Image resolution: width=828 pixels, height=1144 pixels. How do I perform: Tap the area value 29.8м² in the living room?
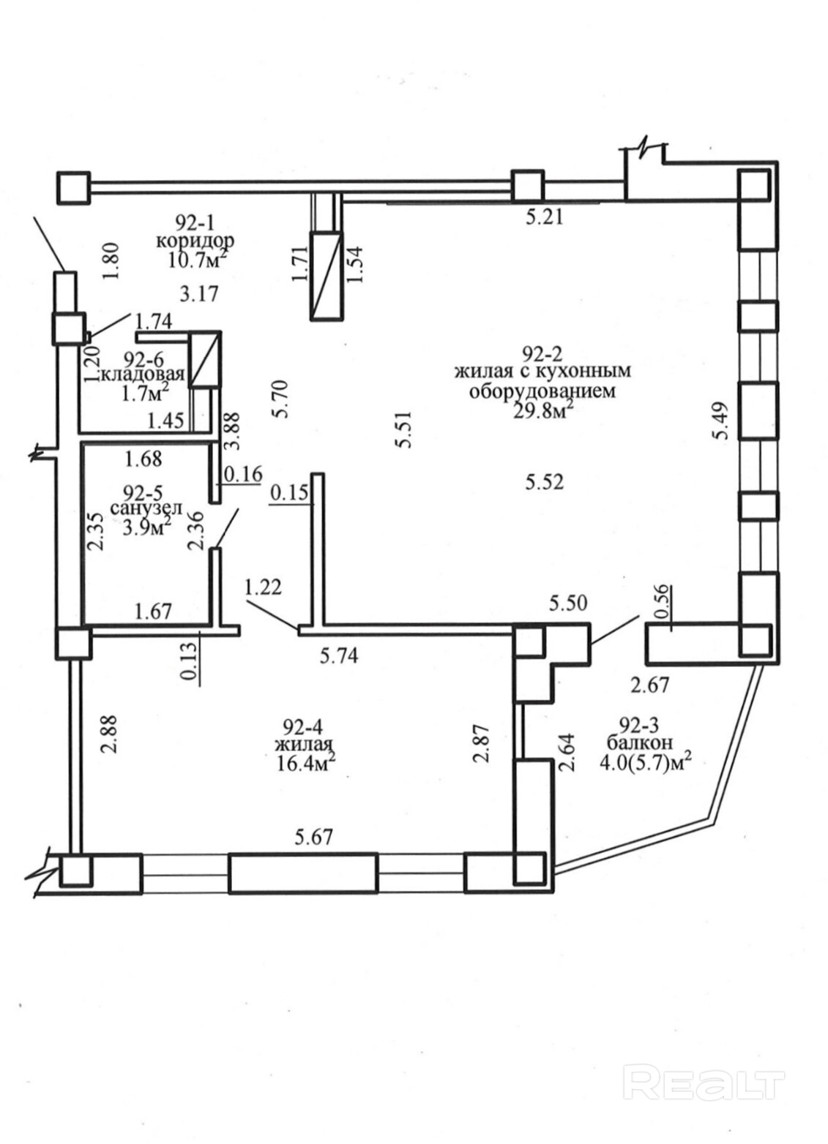[542, 413]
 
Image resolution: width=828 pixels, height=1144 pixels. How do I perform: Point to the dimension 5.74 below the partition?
[340, 656]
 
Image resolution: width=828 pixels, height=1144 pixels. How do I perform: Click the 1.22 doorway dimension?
[263, 586]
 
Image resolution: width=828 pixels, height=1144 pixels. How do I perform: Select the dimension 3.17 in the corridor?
[199, 294]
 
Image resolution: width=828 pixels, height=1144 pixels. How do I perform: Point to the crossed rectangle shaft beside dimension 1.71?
[326, 275]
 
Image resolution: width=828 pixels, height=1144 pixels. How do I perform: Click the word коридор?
[195, 239]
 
